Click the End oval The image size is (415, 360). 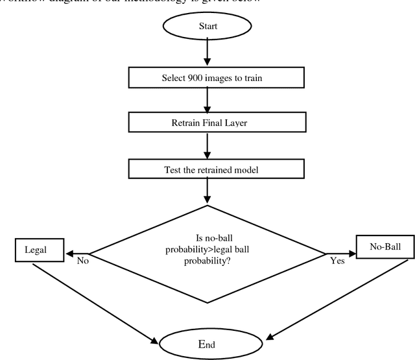click(x=206, y=341)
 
